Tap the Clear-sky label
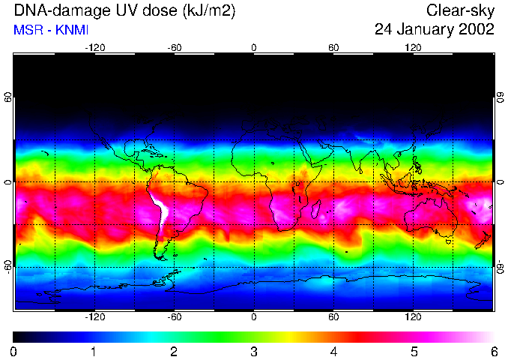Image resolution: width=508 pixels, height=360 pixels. tap(460, 11)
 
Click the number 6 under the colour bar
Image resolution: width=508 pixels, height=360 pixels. tap(493, 351)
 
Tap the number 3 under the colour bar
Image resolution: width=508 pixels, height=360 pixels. tap(253, 351)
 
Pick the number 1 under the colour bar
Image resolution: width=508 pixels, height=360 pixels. tap(93, 351)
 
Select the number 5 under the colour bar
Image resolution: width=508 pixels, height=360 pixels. tap(414, 351)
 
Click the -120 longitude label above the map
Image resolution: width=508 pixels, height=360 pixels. tap(94, 47)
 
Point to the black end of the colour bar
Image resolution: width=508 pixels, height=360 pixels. tap(18, 337)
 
